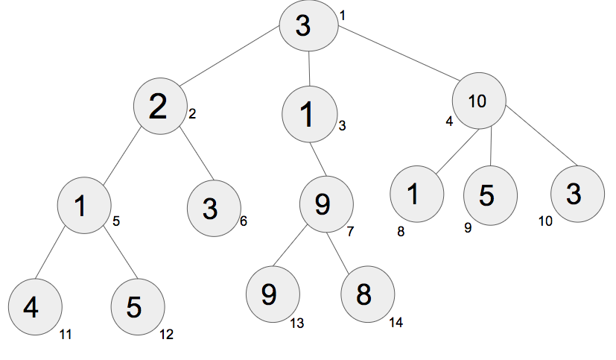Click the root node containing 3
[309, 25]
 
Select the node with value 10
[479, 101]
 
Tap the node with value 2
[160, 106]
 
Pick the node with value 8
[368, 294]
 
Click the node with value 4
[35, 307]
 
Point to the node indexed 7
[326, 204]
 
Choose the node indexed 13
[273, 294]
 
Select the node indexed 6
[214, 208]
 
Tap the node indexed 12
[138, 307]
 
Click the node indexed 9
[490, 196]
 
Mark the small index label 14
[396, 323]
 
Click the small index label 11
[66, 335]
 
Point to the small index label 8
[401, 232]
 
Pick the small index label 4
[449, 121]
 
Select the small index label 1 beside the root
[343, 16]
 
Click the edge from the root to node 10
[399, 54]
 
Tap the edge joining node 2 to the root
[230, 56]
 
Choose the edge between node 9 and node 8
[337, 253]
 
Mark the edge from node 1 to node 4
[49, 253]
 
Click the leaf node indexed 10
[577, 194]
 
